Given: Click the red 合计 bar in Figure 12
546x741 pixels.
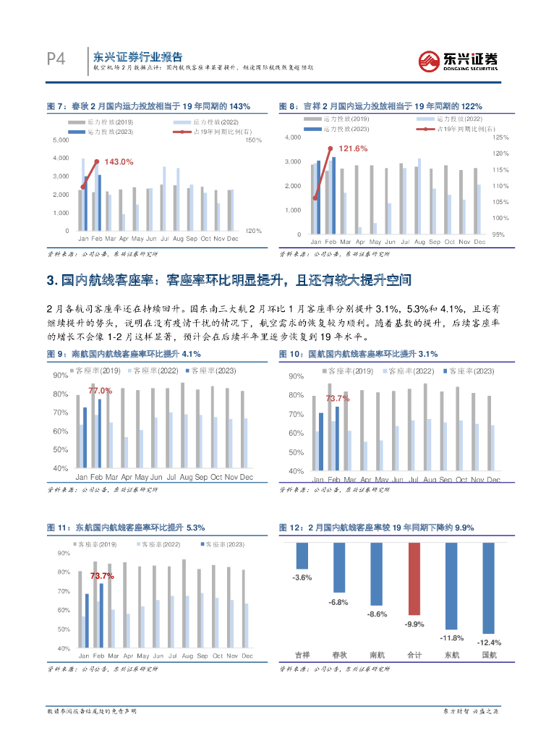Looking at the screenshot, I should click(x=414, y=579).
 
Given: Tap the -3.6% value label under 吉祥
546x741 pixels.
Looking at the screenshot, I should click(x=302, y=577).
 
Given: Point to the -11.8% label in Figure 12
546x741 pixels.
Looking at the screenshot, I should click(x=451, y=638).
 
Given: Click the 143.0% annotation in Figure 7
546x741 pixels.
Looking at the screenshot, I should click(x=119, y=162).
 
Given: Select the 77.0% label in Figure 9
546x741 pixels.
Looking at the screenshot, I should click(x=100, y=390).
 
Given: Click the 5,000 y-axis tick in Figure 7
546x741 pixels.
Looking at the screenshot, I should click(x=61, y=139).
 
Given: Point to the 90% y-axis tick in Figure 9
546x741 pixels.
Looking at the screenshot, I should click(x=61, y=376).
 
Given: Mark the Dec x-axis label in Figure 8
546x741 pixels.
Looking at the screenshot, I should click(x=479, y=242).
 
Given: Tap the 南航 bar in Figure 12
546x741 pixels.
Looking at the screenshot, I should click(x=376, y=574).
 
